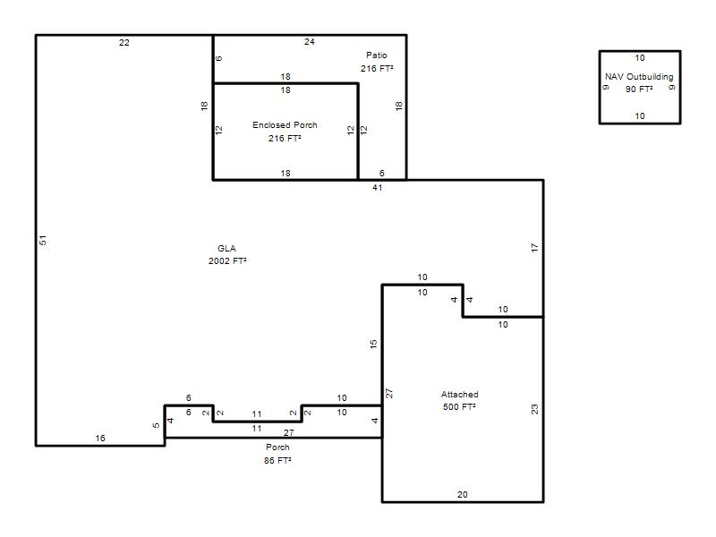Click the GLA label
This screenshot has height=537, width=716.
coord(226,249)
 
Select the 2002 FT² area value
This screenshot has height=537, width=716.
coord(227,260)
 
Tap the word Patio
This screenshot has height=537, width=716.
coord(377,55)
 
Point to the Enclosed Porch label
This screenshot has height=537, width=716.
coord(285,124)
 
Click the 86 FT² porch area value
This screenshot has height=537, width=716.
coord(277,460)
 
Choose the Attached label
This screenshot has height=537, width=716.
coord(460,394)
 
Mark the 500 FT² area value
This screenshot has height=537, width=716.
coord(459,406)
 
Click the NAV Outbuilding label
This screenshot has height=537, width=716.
coord(639,76)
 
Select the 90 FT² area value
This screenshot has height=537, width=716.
coord(639,89)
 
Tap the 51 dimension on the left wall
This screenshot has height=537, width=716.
coord(43,240)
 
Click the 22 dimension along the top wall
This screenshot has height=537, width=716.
coord(124,43)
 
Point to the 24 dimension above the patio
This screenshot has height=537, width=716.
coord(310,41)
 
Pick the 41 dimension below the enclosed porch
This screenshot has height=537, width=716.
coord(377,188)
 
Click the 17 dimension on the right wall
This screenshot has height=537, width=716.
coord(534,248)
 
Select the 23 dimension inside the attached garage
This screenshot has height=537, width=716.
coord(534,409)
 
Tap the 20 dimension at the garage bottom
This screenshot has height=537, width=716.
coord(462,495)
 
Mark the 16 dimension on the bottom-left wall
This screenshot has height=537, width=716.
coord(100,439)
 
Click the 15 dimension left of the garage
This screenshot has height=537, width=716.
coord(373,345)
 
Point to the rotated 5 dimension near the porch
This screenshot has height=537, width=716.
coord(156,426)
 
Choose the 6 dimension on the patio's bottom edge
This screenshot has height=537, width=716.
coord(382,173)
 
